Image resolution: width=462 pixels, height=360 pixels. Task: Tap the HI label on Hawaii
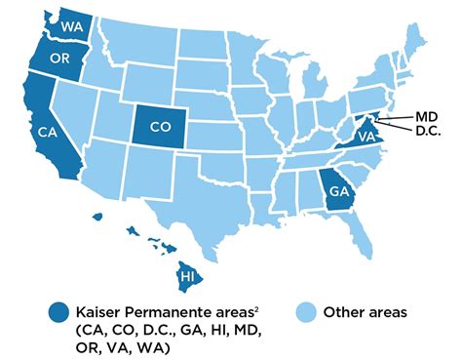tap(184, 278)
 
